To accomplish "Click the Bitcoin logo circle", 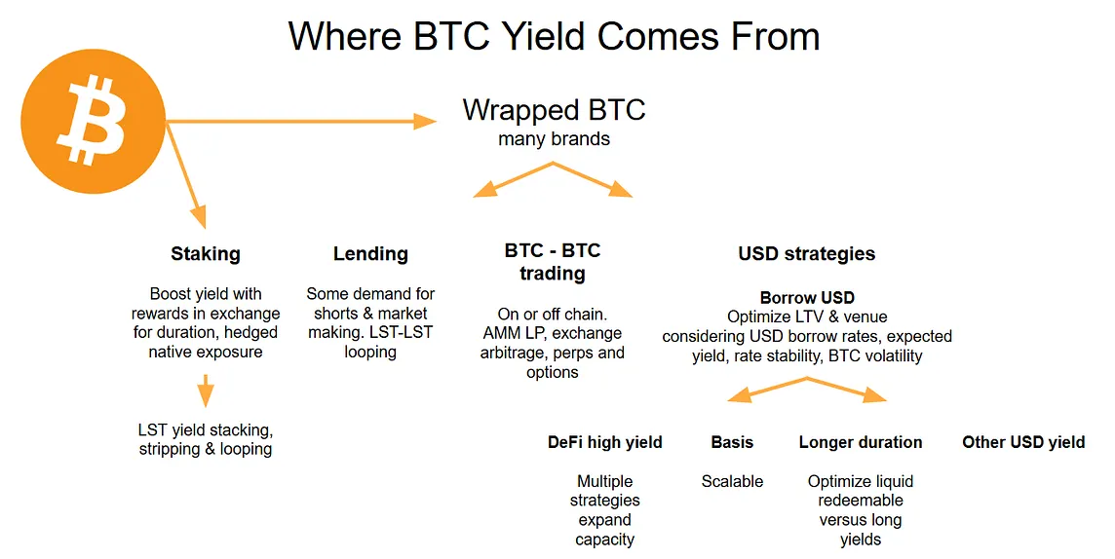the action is point(94,122).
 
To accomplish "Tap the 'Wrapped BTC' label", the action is point(554,110).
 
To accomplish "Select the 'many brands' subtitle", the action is point(554,139).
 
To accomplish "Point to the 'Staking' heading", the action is point(206,254).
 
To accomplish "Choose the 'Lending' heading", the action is point(370,254).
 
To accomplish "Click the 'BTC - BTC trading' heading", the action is point(553,261).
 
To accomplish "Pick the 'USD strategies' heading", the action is point(806,254).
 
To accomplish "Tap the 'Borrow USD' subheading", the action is point(807,298).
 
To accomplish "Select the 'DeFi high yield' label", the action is point(604,442).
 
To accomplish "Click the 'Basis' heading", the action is point(732,442).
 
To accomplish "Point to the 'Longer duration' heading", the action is point(861,442).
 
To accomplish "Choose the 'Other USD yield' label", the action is point(1023,442).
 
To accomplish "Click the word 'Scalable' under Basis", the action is point(732,482).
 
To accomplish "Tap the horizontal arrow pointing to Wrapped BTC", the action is point(301,122).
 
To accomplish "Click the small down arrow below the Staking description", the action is point(206,391).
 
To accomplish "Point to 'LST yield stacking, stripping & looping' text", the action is point(206,439).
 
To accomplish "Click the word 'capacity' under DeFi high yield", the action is point(604,540).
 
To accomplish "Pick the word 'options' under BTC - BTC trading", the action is point(553,373).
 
